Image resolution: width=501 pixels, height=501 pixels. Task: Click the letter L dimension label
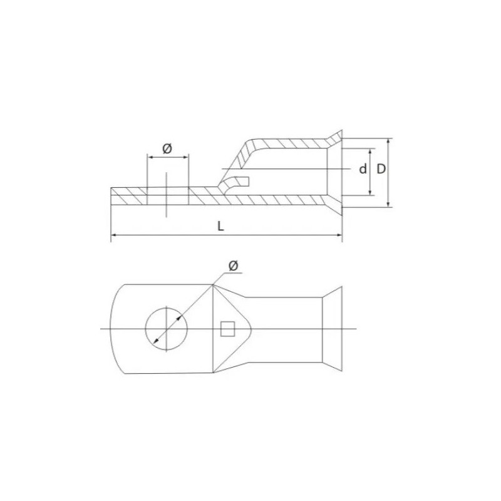220,226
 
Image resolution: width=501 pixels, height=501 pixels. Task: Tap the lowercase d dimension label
363,169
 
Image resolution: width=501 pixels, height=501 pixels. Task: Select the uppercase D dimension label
381,169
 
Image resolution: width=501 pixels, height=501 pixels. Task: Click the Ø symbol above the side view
167,148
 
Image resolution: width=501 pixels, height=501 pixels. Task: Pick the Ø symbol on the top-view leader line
234,266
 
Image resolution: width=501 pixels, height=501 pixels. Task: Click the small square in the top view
228,329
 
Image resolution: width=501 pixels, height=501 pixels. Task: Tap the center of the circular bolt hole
166,329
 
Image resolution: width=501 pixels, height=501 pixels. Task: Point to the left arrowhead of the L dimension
113,235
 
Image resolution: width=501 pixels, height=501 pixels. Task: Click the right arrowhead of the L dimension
339,235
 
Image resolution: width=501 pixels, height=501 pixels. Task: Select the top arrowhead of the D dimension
388,142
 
